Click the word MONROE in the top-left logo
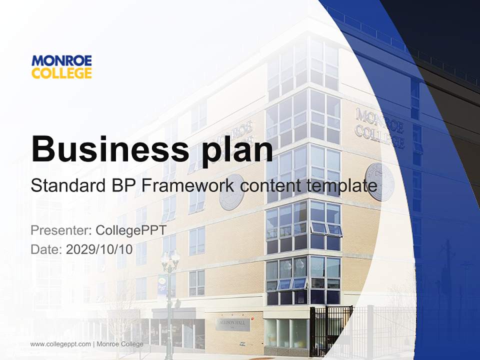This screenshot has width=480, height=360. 61,61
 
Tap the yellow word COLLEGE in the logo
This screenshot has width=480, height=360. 61,73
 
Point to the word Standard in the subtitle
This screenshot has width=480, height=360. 66,186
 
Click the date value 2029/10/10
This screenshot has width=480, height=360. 99,249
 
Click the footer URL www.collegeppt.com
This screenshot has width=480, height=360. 60,344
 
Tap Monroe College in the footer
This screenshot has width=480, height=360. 119,344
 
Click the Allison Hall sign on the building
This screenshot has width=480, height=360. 232,323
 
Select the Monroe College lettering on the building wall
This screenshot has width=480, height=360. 380,127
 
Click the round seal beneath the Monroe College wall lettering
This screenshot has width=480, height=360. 380,181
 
